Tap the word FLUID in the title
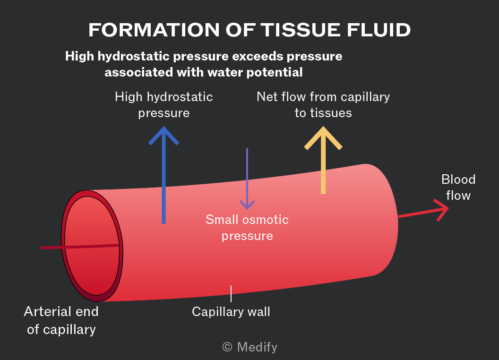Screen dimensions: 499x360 tap(379, 30)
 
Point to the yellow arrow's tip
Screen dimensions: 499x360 tap(323, 127)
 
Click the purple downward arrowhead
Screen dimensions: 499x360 tap(247, 205)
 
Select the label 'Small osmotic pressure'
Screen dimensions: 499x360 tap(247, 228)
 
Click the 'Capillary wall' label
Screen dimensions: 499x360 tap(231, 312)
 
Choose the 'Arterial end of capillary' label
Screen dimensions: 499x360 tap(61, 320)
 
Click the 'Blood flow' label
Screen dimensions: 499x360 tap(458, 188)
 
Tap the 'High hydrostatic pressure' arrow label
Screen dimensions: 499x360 tap(164, 105)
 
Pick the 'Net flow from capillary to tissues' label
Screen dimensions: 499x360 tap(323, 105)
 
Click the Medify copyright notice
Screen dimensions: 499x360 tap(250, 347)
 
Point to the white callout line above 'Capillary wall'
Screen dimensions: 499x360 tap(231, 293)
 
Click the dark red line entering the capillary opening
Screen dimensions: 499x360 tap(80, 246)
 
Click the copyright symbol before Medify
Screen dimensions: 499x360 tap(227, 347)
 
